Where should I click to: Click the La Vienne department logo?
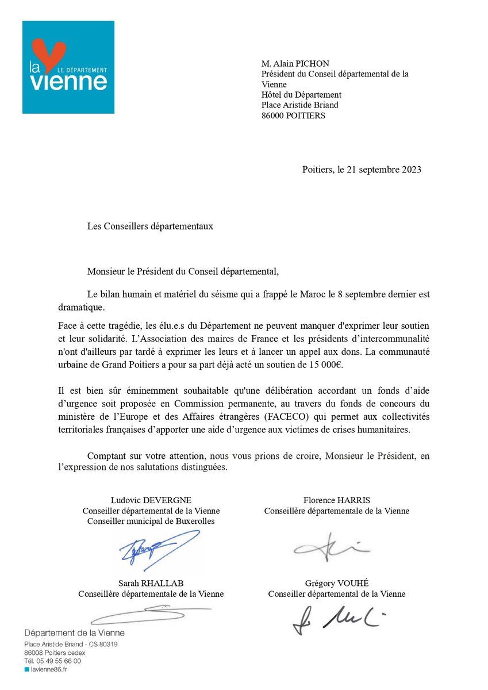[68, 67]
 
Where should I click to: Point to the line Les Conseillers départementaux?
[150, 226]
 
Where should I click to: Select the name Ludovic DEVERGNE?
[151, 500]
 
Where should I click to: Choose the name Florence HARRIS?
[336, 500]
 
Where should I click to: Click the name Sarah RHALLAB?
[151, 583]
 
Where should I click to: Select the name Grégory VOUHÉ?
[336, 583]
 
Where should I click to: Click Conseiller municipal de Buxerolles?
[151, 521]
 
